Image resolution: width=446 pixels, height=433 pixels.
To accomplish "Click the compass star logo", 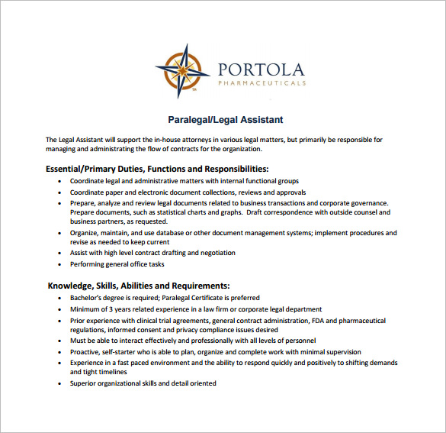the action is coord(182,71).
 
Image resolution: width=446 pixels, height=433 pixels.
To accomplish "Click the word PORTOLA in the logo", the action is coord(261,69).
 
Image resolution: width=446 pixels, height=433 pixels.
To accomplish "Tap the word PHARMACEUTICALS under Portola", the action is coord(262,82).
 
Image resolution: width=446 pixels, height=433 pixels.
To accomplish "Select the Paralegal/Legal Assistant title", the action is coord(225,120).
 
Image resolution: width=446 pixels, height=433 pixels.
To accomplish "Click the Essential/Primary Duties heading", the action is coord(157,168).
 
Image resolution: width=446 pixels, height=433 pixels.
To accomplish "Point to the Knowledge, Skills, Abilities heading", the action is coord(139,285).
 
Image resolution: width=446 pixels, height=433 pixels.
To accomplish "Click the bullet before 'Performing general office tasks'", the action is coord(60,265).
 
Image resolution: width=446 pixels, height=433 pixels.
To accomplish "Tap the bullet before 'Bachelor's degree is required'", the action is coord(60,298).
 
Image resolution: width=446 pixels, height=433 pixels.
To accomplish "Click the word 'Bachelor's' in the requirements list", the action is coord(88,298).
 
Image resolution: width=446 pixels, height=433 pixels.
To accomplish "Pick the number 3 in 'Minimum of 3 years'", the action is coord(111,309).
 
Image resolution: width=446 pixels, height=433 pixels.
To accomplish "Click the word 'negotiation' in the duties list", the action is coord(217,253).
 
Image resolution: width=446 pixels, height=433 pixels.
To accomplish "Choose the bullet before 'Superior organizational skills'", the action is coord(60,383).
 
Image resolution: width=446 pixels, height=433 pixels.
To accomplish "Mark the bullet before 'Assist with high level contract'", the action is coord(60,253).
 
